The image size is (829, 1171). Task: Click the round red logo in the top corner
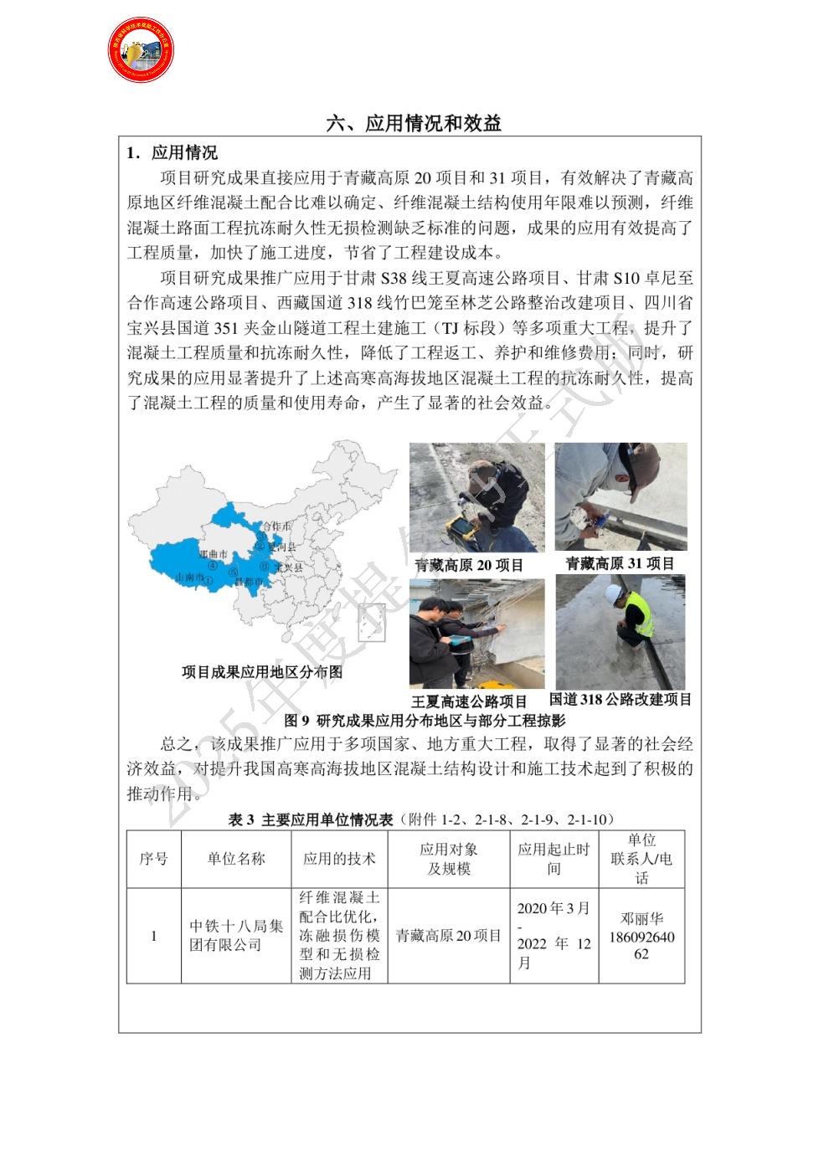pyautogui.click(x=141, y=49)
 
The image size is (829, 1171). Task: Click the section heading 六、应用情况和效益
pyautogui.click(x=414, y=124)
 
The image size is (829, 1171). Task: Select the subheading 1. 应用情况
pyautogui.click(x=172, y=152)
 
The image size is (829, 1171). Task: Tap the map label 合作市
pyautogui.click(x=277, y=526)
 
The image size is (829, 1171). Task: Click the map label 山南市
pyautogui.click(x=189, y=577)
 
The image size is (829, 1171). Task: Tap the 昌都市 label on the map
pyautogui.click(x=249, y=581)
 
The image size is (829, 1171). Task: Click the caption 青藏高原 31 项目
pyautogui.click(x=620, y=564)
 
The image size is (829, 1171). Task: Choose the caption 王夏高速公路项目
pyautogui.click(x=469, y=701)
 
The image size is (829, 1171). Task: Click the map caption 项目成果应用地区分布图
pyautogui.click(x=262, y=672)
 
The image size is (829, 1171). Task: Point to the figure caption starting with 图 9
pyautogui.click(x=425, y=721)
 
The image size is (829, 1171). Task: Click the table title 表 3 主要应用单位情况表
pyautogui.click(x=311, y=819)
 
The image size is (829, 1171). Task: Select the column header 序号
pyautogui.click(x=153, y=859)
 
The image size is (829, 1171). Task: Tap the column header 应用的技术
pyautogui.click(x=339, y=859)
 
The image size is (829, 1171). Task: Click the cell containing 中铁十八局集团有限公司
pyautogui.click(x=236, y=935)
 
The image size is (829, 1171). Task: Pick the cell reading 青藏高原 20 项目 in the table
pyautogui.click(x=449, y=935)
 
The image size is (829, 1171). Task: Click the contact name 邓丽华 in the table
pyautogui.click(x=641, y=918)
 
